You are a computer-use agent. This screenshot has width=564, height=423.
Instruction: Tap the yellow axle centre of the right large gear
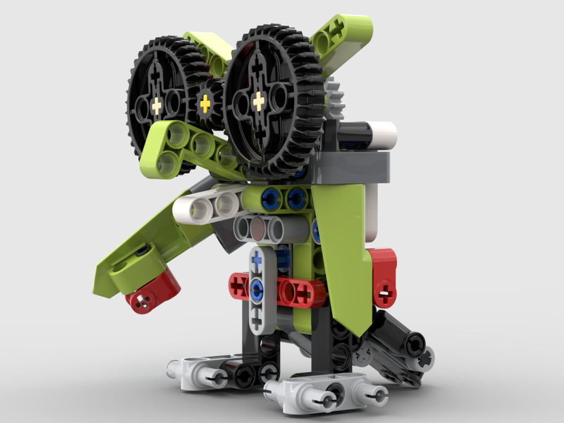click(258, 102)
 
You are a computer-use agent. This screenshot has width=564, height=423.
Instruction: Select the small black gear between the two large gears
click(205, 103)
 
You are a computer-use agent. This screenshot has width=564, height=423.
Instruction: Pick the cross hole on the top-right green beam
click(338, 27)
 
